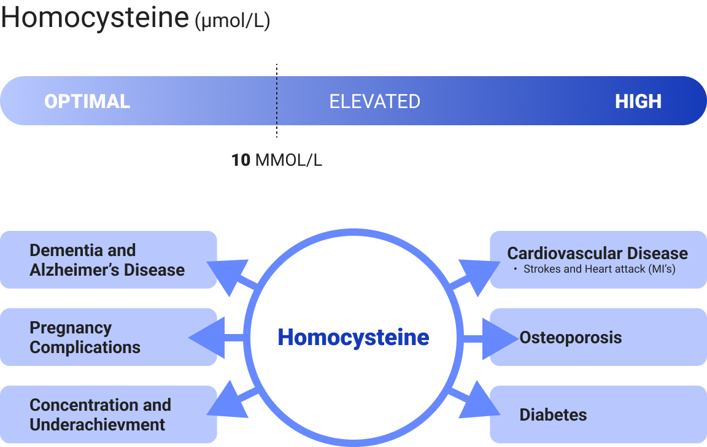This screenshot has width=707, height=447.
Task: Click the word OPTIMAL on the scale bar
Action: tap(87, 101)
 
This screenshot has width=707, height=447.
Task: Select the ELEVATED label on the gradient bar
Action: tap(374, 101)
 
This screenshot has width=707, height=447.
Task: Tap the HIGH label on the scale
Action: tap(638, 101)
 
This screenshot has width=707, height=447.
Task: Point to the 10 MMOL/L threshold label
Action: tap(276, 160)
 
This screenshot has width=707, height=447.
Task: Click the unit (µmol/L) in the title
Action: tap(232, 22)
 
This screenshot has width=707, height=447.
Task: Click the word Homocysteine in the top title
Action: tap(95, 17)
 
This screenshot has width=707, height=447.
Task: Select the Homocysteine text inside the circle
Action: tap(353, 337)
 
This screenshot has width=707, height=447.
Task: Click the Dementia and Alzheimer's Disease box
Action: tap(107, 260)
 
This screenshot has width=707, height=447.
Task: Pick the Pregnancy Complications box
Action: tap(107, 337)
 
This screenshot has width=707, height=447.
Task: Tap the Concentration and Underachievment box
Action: tap(107, 414)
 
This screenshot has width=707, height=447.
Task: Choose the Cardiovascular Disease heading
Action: tap(597, 253)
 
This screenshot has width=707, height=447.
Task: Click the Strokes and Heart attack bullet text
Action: tap(599, 269)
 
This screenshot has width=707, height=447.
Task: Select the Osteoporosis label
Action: tap(570, 337)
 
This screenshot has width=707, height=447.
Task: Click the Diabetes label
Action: tap(553, 414)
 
